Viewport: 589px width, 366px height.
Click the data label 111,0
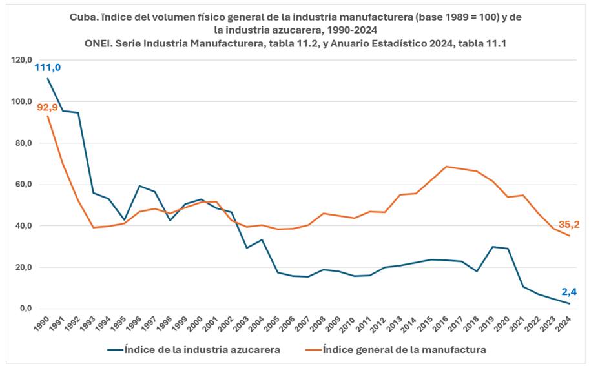[48, 67]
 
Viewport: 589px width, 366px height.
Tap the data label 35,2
[569, 225]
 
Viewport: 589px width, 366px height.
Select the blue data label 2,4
[569, 292]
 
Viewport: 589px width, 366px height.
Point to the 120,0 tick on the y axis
[21, 60]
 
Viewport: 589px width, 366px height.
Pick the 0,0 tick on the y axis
[25, 309]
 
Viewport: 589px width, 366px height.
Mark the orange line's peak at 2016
[446, 167]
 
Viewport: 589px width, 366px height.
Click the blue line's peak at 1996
[139, 186]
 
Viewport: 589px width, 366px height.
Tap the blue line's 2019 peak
[492, 247]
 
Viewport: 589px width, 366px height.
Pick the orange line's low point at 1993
[93, 227]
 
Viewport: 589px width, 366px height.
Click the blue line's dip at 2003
[247, 248]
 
